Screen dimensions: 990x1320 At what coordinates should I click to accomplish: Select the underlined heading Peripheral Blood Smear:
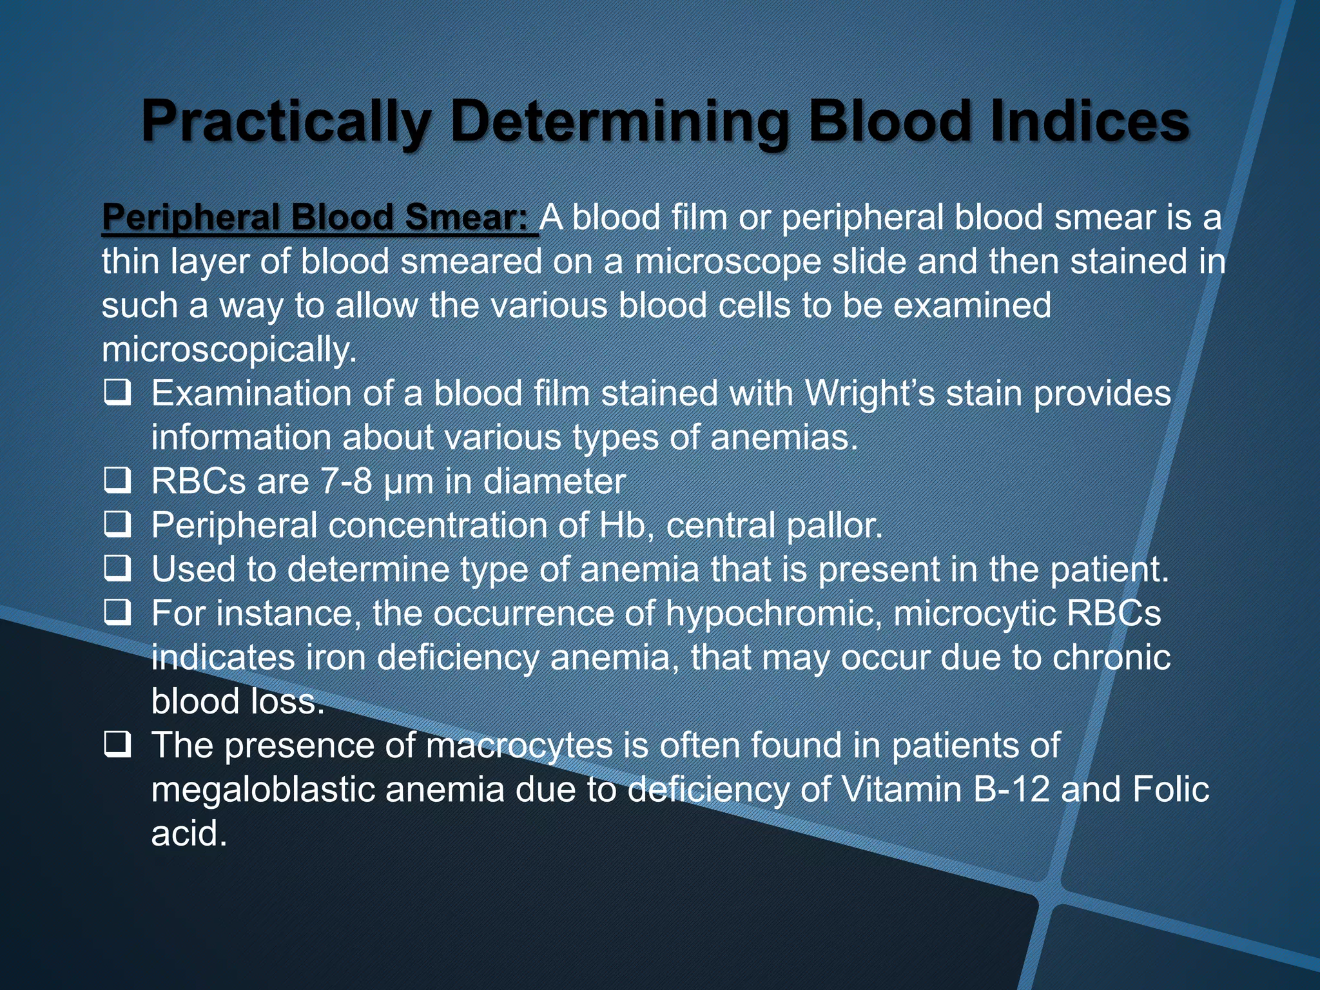coord(319,217)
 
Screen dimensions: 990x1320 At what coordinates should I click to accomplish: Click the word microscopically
coord(229,350)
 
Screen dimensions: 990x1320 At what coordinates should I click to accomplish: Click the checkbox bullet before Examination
coord(118,393)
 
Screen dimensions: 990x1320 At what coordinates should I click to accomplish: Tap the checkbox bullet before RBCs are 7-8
coord(118,481)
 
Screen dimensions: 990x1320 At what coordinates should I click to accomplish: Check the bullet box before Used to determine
coord(118,569)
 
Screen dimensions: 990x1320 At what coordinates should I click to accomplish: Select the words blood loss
coord(238,701)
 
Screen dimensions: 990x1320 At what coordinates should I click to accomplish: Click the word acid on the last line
coord(189,833)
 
